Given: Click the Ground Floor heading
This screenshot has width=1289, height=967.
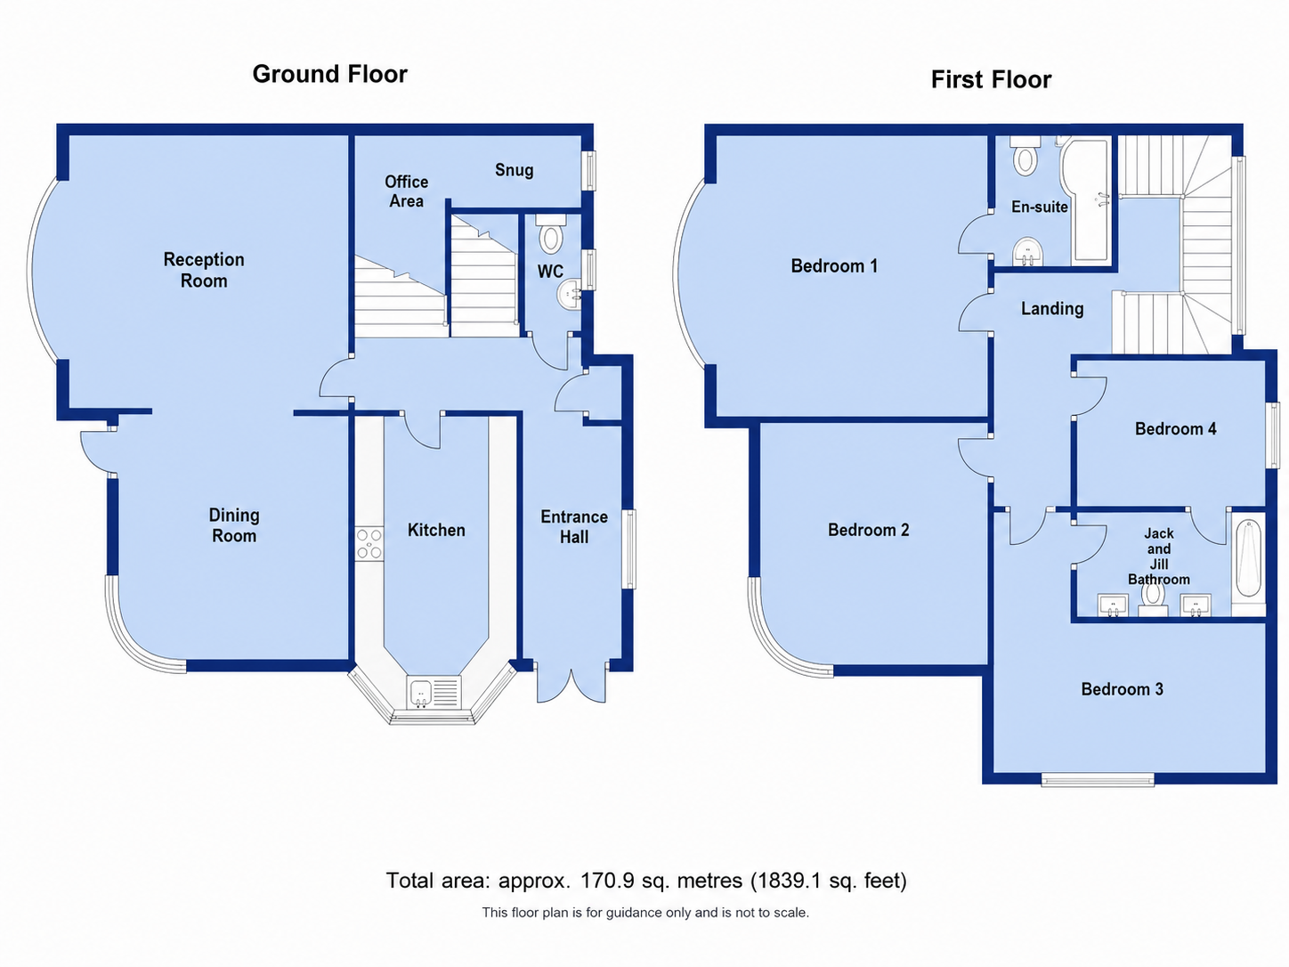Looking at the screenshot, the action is click(x=329, y=75).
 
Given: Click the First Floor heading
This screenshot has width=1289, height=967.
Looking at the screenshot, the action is click(x=991, y=80).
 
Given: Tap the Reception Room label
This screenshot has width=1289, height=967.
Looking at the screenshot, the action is click(x=203, y=270).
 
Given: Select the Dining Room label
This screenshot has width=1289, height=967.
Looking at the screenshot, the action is click(x=234, y=525).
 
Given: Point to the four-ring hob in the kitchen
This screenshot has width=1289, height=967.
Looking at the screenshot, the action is click(x=369, y=544).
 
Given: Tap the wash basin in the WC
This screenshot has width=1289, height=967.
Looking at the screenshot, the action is click(x=569, y=293).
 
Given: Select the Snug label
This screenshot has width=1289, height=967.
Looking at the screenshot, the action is click(x=514, y=170).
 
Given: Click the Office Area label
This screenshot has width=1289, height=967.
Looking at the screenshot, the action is click(x=406, y=191).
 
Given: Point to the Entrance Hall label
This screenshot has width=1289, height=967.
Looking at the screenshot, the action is click(x=574, y=526).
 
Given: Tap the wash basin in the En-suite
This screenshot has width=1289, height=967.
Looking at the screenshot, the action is click(x=1027, y=251).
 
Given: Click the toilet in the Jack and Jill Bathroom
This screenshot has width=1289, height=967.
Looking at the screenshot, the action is click(x=1153, y=599).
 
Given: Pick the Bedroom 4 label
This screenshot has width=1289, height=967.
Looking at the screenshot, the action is click(x=1175, y=429).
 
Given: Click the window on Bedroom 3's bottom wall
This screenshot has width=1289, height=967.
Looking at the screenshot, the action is click(x=1098, y=780).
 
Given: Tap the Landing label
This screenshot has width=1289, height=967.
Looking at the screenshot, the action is click(x=1051, y=309).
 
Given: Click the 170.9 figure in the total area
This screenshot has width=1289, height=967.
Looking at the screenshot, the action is click(x=605, y=881).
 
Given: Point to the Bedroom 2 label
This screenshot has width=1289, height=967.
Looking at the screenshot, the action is click(x=868, y=530).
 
